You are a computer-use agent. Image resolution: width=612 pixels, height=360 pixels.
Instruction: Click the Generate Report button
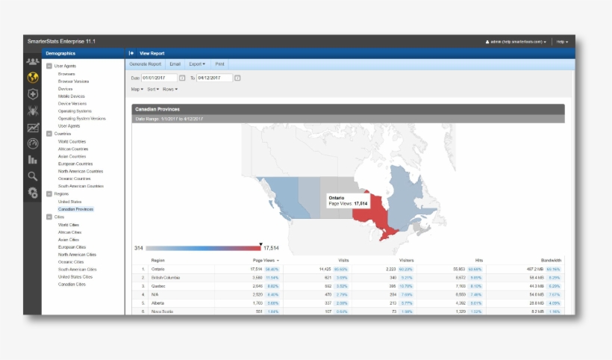click(x=146, y=64)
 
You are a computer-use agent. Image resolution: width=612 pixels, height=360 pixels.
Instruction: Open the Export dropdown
click(x=197, y=64)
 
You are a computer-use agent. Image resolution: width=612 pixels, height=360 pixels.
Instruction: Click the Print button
click(x=219, y=64)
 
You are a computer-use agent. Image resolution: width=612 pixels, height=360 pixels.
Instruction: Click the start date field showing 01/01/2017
click(x=158, y=78)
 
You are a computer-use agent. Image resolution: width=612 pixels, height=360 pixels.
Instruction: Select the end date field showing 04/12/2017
click(x=214, y=78)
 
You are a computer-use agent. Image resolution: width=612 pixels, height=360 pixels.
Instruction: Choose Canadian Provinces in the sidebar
click(x=75, y=209)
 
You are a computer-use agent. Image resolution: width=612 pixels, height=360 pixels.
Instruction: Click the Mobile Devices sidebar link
click(x=72, y=96)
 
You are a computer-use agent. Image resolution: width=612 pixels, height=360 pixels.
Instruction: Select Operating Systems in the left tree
click(x=75, y=111)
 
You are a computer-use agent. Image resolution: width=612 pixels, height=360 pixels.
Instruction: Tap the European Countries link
click(x=75, y=164)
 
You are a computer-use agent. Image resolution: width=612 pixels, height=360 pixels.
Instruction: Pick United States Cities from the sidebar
click(x=76, y=276)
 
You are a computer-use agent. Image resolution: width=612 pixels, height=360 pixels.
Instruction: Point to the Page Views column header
click(x=264, y=260)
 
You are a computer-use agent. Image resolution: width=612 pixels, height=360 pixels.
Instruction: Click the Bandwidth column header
click(x=551, y=260)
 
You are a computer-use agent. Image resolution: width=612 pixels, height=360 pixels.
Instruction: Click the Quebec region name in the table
click(x=157, y=285)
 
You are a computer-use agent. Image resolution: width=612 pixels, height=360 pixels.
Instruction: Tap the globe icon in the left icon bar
click(x=32, y=78)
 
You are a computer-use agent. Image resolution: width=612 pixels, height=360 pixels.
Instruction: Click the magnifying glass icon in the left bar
click(x=32, y=176)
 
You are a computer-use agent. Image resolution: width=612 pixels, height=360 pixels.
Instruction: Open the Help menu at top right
click(x=562, y=42)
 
